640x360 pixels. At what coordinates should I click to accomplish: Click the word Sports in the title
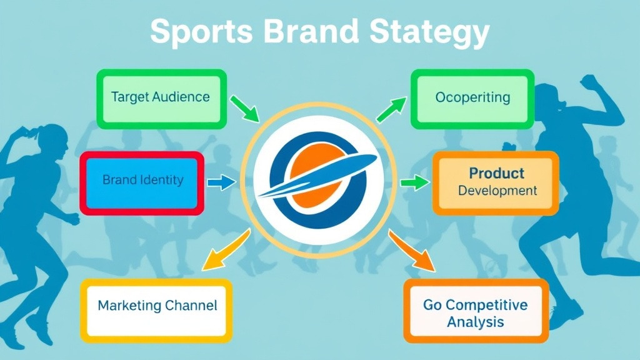pos(197,32)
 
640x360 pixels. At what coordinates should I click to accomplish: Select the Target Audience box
pos(160,97)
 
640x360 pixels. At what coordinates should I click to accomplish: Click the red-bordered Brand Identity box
pos(142,181)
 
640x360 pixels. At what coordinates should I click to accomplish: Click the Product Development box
pos(496,182)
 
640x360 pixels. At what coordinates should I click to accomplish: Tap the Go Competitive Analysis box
pos(476,313)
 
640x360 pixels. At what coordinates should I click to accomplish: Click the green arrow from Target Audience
pos(244,108)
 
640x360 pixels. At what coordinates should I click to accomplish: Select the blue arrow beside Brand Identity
pos(221,182)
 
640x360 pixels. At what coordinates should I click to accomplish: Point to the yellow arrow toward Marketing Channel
pos(226,251)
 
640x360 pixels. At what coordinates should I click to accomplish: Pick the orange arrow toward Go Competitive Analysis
pos(411,251)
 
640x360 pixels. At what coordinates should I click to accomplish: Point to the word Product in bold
pos(497,172)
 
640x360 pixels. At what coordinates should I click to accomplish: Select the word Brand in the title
pos(304,32)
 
